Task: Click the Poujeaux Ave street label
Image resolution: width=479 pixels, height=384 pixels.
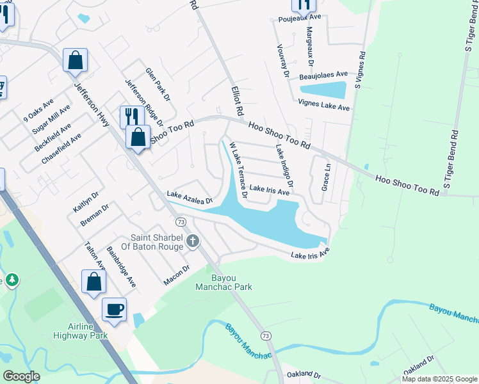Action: (x=298, y=17)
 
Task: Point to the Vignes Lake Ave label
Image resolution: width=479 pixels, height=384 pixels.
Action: (x=323, y=105)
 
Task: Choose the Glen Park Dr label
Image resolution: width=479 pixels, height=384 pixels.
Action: (x=158, y=84)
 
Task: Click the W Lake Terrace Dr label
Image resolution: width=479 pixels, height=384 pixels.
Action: (x=238, y=171)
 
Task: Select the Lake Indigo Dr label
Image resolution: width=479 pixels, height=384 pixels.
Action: (x=284, y=166)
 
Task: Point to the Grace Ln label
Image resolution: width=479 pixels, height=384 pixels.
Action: (x=325, y=177)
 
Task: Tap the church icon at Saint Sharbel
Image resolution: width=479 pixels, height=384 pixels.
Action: (x=193, y=241)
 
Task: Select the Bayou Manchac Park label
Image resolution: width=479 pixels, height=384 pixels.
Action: (x=223, y=282)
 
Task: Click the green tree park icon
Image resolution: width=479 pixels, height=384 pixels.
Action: (x=12, y=280)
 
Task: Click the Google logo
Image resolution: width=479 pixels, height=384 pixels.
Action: (x=21, y=376)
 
